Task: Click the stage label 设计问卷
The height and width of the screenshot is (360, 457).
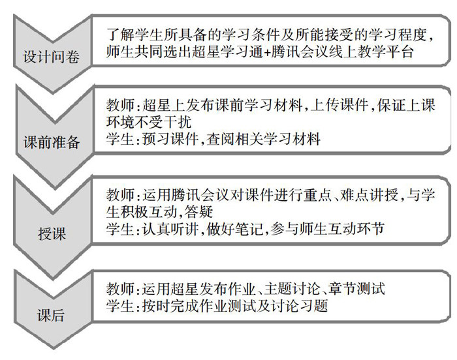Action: pyautogui.click(x=51, y=57)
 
